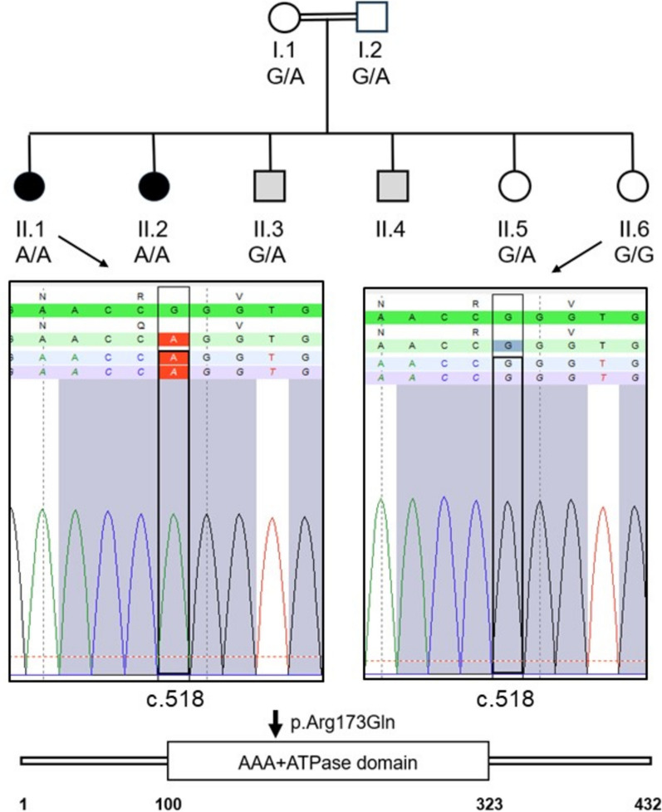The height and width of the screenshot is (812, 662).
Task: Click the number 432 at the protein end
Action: click(646, 802)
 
